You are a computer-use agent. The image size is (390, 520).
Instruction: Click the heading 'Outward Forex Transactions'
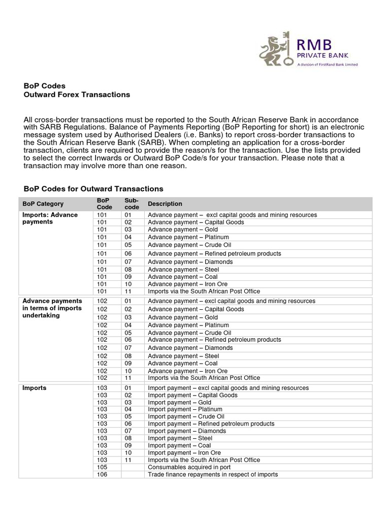(77, 94)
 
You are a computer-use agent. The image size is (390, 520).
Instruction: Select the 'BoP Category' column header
(43, 204)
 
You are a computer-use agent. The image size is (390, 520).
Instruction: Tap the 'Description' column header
(165, 204)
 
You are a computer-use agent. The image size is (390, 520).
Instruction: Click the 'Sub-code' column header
(132, 204)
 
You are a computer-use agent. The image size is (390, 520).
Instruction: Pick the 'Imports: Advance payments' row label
(50, 218)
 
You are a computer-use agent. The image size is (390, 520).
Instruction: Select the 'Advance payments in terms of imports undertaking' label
(52, 308)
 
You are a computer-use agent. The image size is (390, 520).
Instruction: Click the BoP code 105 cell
(102, 467)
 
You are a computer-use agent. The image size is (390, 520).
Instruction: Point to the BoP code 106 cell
(102, 474)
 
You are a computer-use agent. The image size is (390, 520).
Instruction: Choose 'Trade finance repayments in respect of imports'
(213, 474)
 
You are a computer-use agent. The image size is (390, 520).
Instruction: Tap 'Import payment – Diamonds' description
(187, 431)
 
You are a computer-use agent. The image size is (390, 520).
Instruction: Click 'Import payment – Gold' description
(179, 402)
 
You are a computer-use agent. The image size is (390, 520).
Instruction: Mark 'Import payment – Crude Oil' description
(185, 416)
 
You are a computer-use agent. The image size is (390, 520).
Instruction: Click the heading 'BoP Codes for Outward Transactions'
(93, 189)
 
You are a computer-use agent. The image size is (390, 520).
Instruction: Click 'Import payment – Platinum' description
(185, 409)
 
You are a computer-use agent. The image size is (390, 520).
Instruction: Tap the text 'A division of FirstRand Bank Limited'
(327, 65)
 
